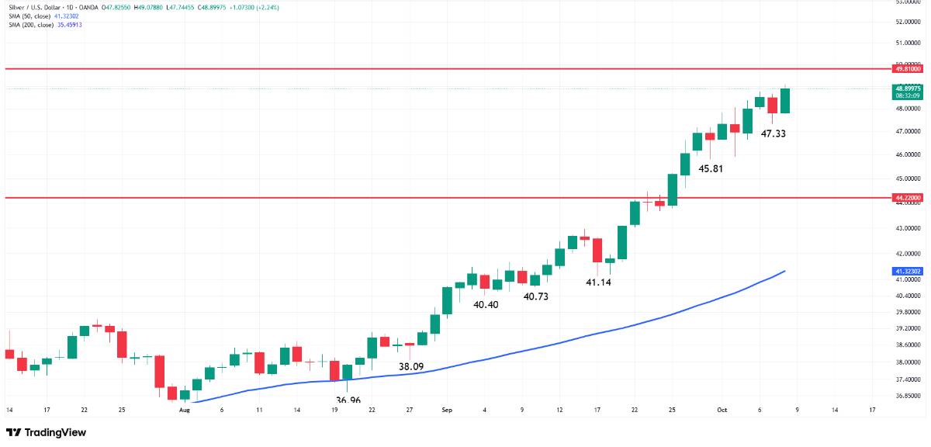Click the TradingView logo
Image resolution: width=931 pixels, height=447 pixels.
pos(46,432)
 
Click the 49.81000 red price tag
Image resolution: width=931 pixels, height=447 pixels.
pos(908,69)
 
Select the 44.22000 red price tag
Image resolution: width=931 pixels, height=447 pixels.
pos(908,198)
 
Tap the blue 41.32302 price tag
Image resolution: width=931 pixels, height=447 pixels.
pos(908,272)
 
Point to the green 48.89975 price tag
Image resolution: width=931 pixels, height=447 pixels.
pos(908,88)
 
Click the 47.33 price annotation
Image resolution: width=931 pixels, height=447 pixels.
pos(774,134)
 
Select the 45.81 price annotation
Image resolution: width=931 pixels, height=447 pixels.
pos(711,168)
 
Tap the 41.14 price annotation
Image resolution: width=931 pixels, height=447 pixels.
pos(598,282)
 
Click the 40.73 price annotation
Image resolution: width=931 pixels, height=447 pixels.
pos(536,296)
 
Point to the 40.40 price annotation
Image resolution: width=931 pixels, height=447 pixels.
pos(486,305)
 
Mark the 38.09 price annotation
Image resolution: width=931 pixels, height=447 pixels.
pos(411,366)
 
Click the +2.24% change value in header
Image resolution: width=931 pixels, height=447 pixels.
pos(269,7)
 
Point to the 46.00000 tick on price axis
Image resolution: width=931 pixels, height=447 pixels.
pos(907,154)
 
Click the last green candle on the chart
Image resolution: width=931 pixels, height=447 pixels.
pos(785,101)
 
